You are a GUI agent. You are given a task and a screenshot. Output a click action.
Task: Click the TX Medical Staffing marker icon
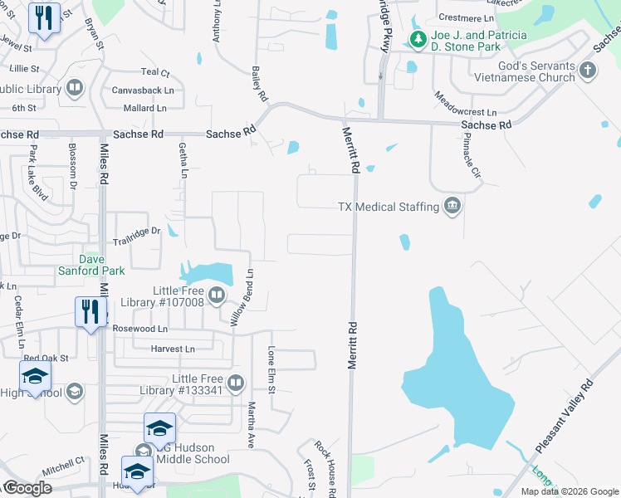pyautogui.click(x=452, y=207)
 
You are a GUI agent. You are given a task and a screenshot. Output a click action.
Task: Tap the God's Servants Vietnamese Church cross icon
pyautogui.click(x=588, y=70)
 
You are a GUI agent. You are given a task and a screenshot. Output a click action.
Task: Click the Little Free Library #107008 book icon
pyautogui.click(x=217, y=295)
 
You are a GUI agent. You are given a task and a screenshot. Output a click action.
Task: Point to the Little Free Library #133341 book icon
pyautogui.click(x=236, y=383)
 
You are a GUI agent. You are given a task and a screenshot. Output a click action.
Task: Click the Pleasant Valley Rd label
pyautogui.click(x=565, y=417)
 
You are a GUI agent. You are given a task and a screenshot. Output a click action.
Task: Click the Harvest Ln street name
pyautogui.click(x=173, y=349)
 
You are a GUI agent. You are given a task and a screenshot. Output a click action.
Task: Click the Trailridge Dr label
pyautogui.click(x=136, y=232)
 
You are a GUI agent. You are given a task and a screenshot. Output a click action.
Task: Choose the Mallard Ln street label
pyautogui.click(x=144, y=108)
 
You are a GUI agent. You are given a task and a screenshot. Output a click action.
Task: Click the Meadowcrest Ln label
pyautogui.click(x=465, y=105)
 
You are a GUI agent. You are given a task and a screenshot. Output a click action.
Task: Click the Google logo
pyautogui.click(x=27, y=488)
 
